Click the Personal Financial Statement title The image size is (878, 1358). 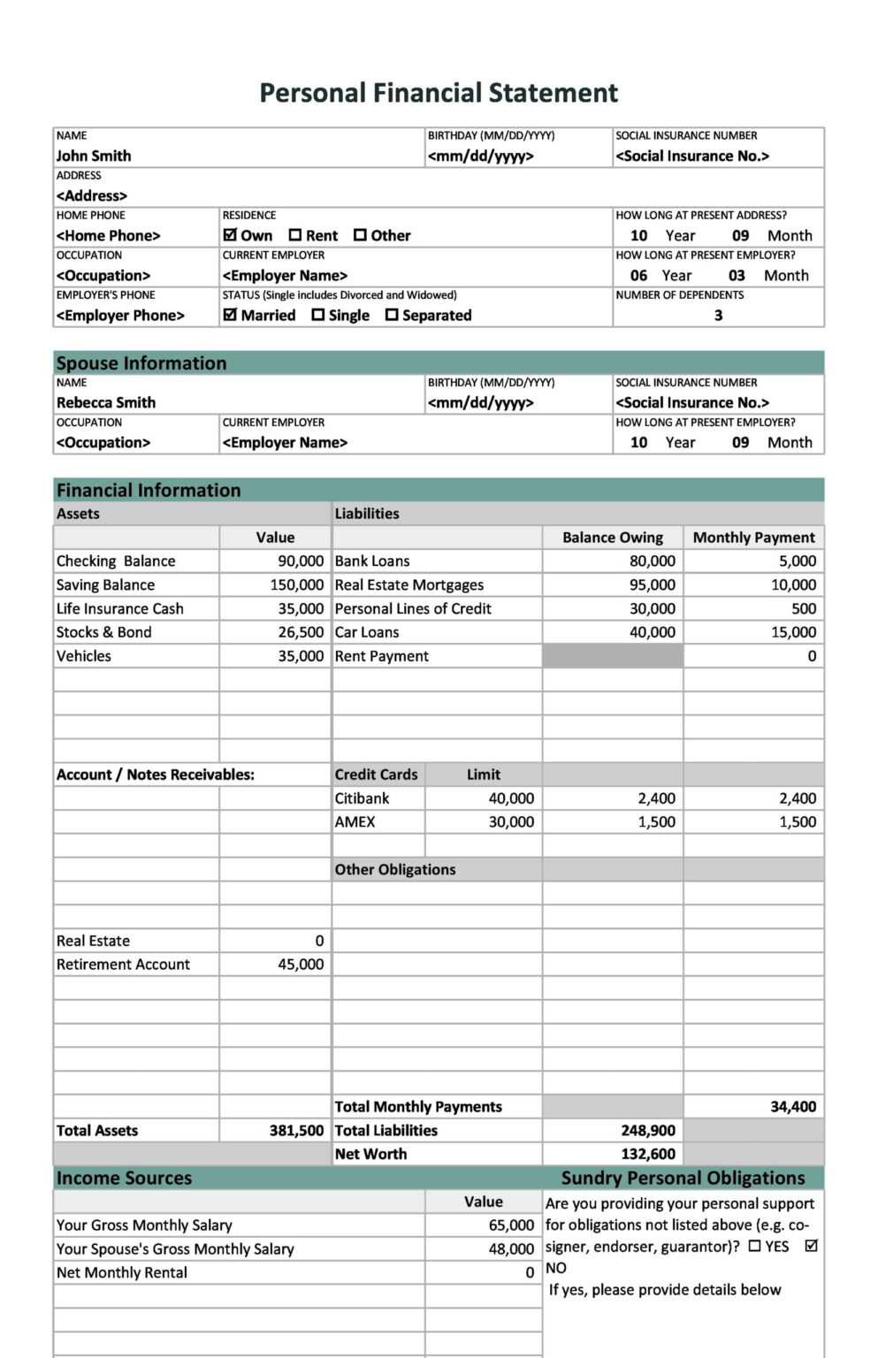[x=439, y=93]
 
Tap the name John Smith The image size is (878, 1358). [x=94, y=156]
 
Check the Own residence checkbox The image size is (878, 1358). [x=231, y=235]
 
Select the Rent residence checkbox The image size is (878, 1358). [x=295, y=235]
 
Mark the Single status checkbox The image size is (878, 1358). [x=318, y=315]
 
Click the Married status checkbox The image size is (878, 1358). [x=231, y=315]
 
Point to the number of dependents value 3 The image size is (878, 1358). [x=718, y=315]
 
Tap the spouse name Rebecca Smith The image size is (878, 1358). [x=106, y=402]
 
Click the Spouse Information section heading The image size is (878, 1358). [x=141, y=363]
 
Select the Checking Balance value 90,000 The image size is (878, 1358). [x=301, y=561]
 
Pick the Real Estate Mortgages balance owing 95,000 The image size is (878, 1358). [x=652, y=585]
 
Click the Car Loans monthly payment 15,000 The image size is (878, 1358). [x=793, y=632]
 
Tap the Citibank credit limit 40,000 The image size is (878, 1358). [x=511, y=798]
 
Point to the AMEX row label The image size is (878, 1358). [x=355, y=822]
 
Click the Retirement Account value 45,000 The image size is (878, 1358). [x=301, y=965]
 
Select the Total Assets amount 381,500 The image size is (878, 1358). [x=296, y=1131]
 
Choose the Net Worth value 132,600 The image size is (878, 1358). [x=647, y=1155]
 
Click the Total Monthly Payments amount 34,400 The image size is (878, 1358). [x=793, y=1107]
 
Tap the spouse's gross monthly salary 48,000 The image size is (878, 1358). [x=511, y=1249]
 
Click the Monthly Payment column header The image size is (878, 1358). [x=753, y=538]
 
